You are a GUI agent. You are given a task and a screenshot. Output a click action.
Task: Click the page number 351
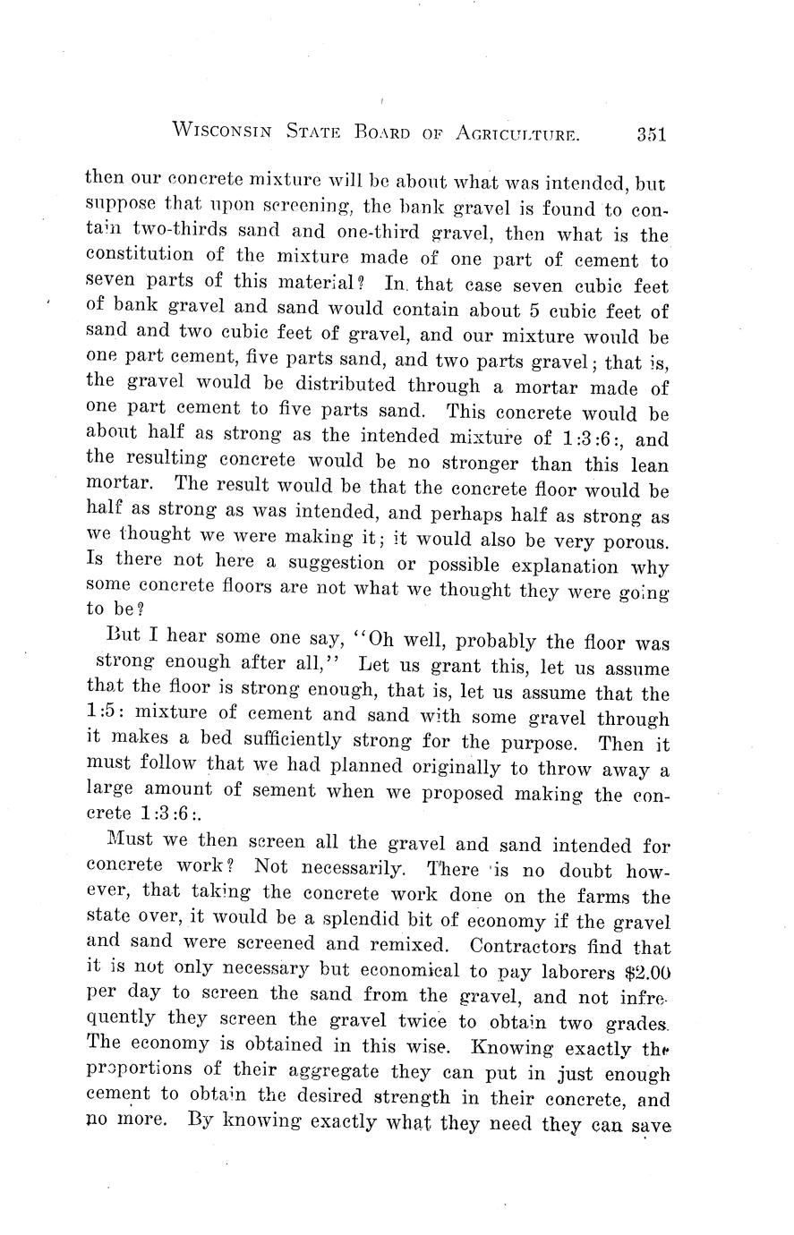[652, 135]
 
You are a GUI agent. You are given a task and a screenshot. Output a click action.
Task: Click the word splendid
[391, 921]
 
